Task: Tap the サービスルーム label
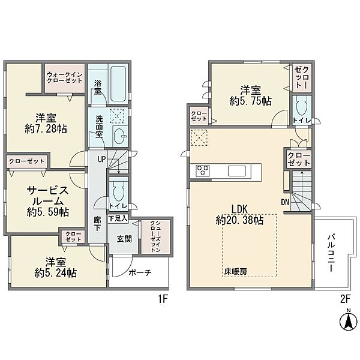click(47, 196)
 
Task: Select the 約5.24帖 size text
click(55, 272)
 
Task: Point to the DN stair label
click(285, 202)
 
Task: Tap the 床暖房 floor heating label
click(236, 271)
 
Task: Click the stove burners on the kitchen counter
click(202, 170)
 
